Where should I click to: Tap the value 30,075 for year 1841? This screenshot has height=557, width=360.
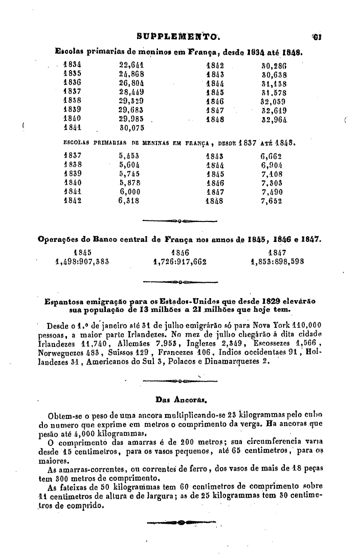[x=131, y=127]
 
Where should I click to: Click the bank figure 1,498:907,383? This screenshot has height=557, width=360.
[x=82, y=261]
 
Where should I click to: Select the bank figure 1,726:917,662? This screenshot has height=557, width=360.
[x=179, y=261]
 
